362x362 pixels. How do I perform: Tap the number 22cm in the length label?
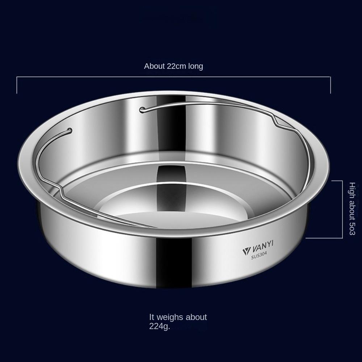point(174,66)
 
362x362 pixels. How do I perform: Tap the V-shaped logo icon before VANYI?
point(245,251)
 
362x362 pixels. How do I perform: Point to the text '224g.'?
point(160,326)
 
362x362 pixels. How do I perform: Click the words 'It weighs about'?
point(178,317)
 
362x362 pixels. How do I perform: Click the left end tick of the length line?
point(17,85)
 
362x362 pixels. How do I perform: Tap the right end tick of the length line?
point(331,85)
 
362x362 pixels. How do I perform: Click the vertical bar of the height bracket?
point(342,209)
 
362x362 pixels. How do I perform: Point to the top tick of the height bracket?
point(337,181)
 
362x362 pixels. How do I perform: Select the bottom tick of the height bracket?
point(324,238)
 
